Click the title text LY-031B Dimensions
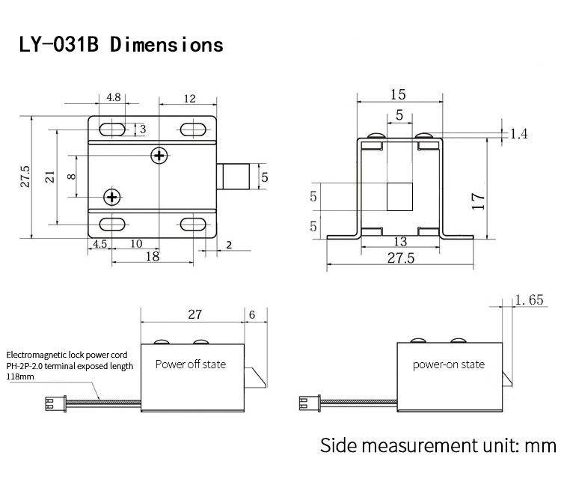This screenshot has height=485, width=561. tap(121, 44)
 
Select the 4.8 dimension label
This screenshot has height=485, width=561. tap(114, 97)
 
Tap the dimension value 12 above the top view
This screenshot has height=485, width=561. tap(188, 98)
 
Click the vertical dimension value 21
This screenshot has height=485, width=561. tap(49, 177)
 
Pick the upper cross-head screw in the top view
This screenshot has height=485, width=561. tap(159, 155)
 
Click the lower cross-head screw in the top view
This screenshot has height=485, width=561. tap(113, 197)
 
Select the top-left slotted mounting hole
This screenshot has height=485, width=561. tap(113, 128)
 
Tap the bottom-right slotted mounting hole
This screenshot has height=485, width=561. tap(194, 224)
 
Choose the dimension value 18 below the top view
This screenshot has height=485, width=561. tap(152, 256)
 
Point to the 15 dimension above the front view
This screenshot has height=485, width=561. tap(398, 94)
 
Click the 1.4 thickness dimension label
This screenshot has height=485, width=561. tap(519, 134)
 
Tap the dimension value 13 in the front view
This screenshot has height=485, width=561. tap(399, 241)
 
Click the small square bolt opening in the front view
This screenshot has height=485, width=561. tap(399, 197)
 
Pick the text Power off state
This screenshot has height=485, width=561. tap(190, 364)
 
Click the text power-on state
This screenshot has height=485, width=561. tap(449, 364)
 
